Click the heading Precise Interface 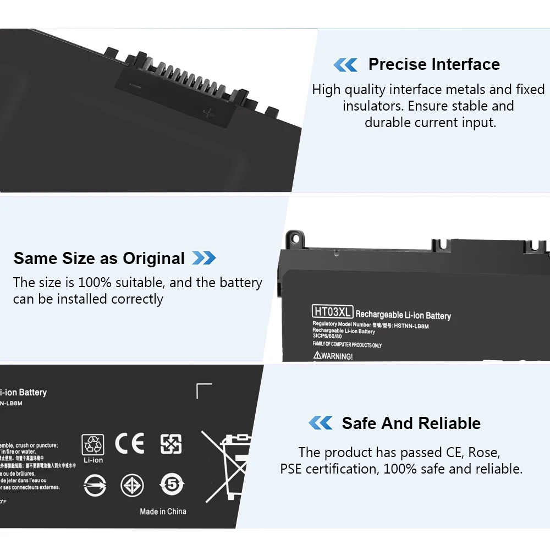coord(434,64)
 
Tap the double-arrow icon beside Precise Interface coord(345,65)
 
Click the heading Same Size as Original coord(99,258)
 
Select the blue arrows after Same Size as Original coord(204,258)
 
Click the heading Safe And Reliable coord(411,423)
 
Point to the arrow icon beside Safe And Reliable coord(320,423)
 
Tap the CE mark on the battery coord(130,443)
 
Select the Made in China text coord(163,512)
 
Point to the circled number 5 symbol coord(171,485)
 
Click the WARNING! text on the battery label coord(333,356)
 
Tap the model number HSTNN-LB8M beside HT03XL coord(411,326)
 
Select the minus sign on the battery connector coord(134,85)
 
